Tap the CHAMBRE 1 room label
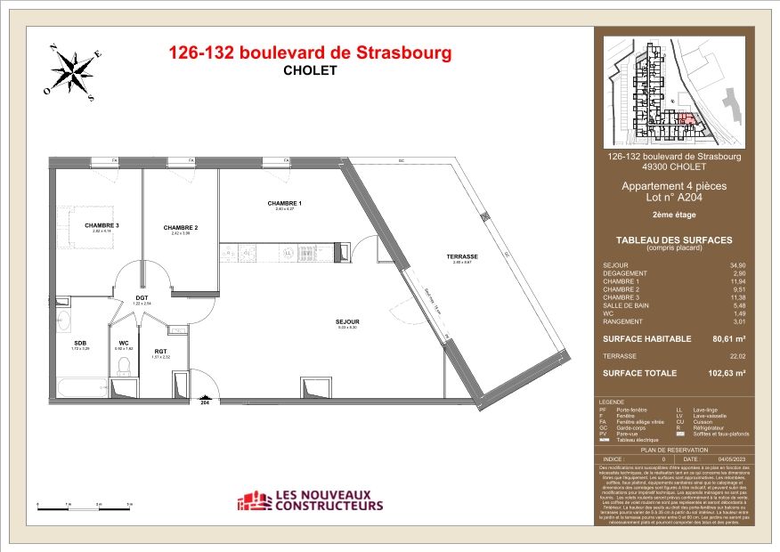point(285,204)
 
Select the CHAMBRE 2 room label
point(180,228)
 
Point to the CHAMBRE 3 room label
point(102,225)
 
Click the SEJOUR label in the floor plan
point(347,321)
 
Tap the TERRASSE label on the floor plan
point(462,256)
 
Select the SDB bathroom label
point(80,342)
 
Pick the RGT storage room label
point(160,351)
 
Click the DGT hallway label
point(142,298)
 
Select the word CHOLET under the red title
point(310,71)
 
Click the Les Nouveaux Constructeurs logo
point(310,501)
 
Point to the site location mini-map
point(673,91)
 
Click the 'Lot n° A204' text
point(674,199)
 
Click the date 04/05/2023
point(727,459)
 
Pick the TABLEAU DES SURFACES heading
point(674,240)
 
